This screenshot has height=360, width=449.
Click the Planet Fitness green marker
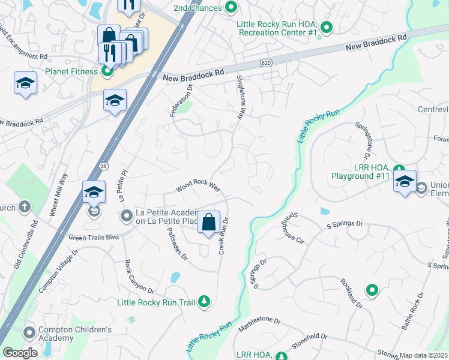click(x=107, y=72)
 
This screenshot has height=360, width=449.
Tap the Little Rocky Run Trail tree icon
click(x=205, y=302)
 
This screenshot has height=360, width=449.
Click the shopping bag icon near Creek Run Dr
click(x=208, y=223)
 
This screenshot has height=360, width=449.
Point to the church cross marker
click(x=25, y=207)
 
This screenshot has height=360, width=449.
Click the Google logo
click(x=20, y=352)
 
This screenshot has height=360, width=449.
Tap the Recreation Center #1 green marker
click(x=326, y=26)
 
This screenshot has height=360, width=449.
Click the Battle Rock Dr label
click(x=413, y=311)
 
